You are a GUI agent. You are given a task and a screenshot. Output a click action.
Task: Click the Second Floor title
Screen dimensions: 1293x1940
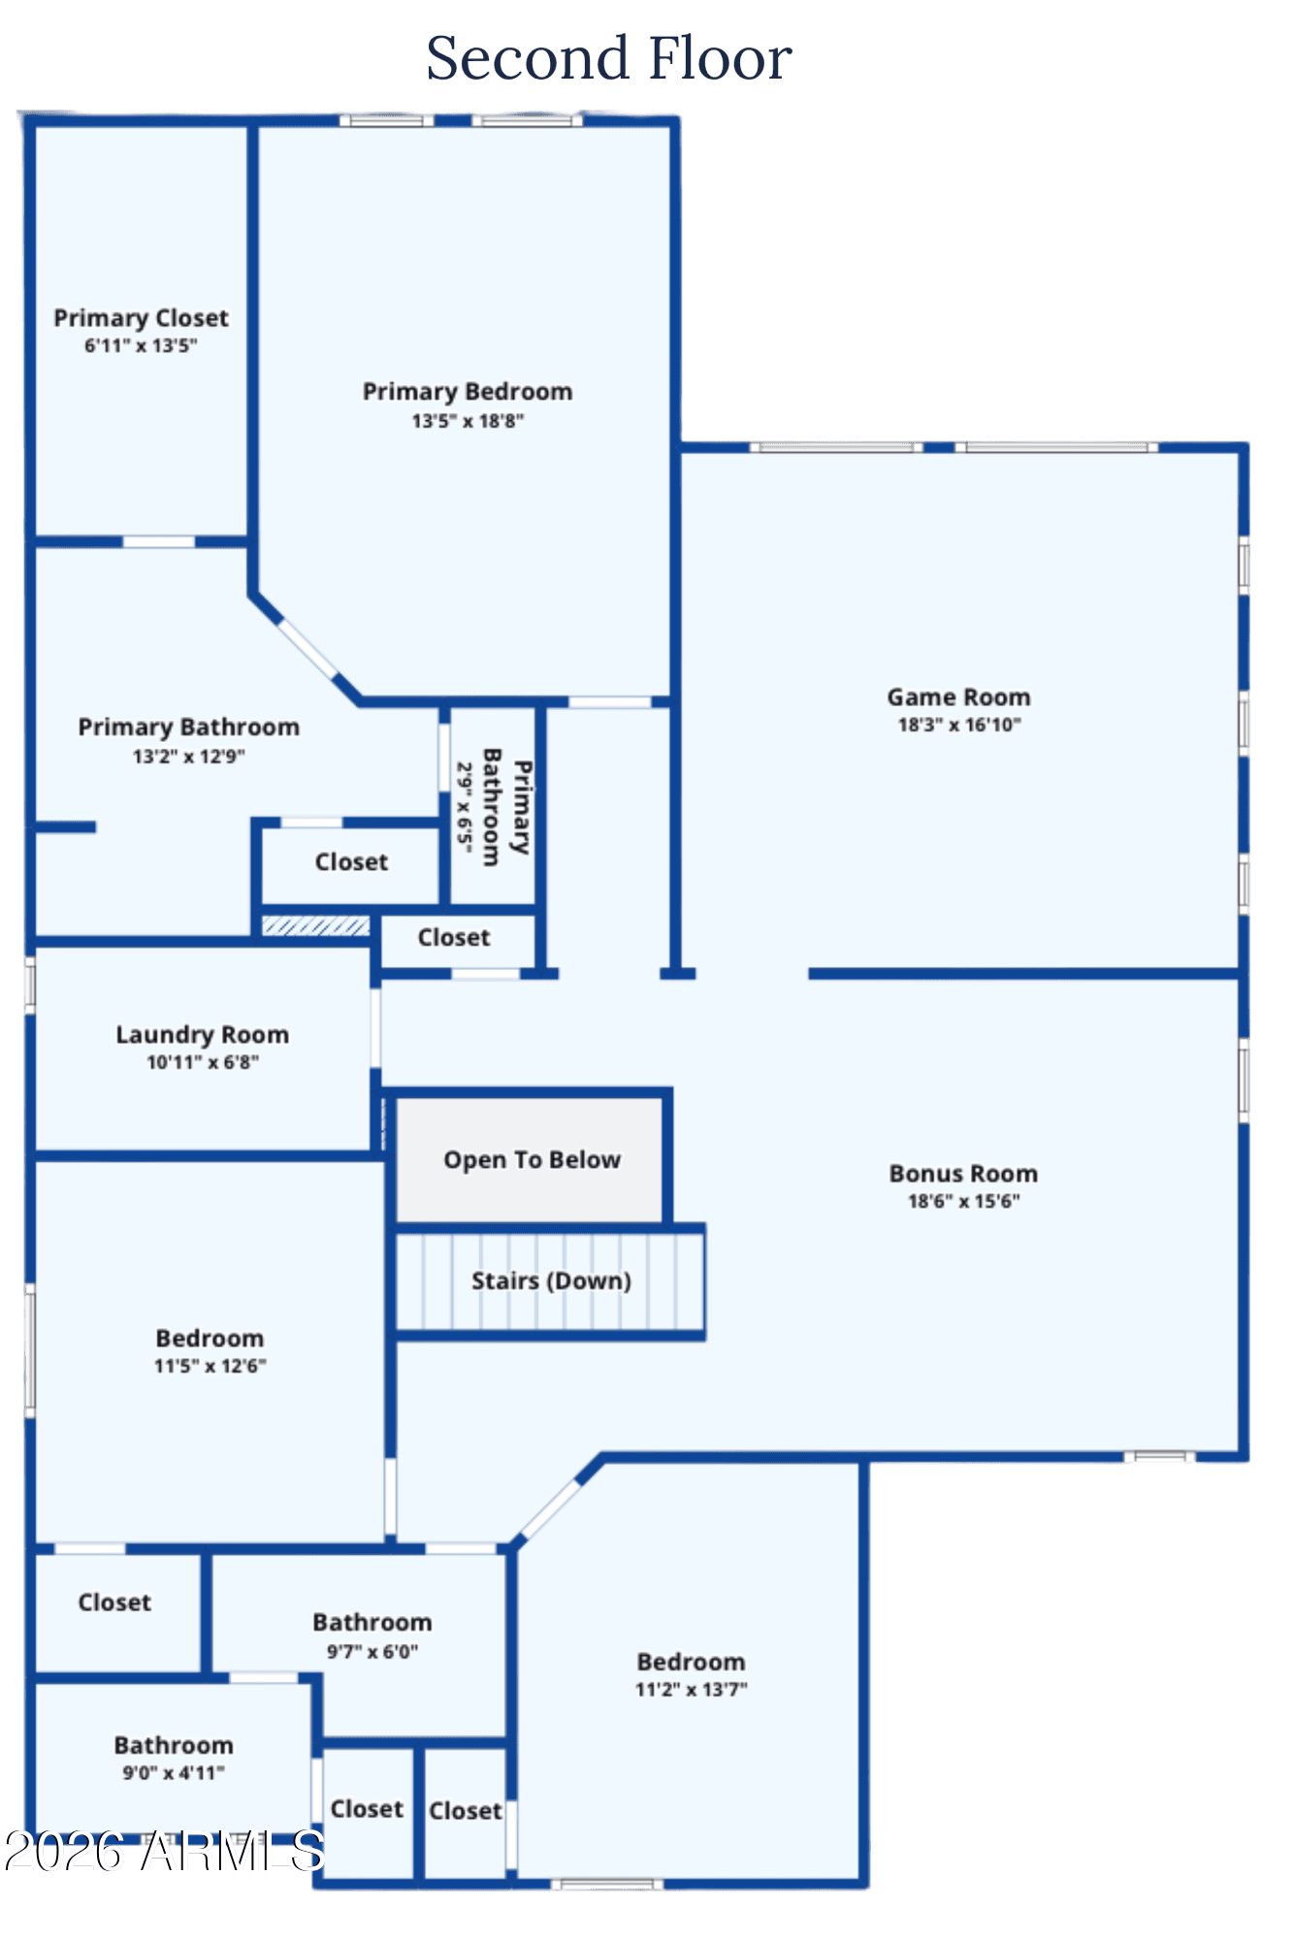tap(609, 58)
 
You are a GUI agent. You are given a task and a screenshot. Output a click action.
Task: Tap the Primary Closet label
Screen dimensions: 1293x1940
tap(142, 318)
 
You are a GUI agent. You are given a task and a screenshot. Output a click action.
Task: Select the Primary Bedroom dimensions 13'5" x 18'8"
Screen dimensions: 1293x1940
tap(468, 421)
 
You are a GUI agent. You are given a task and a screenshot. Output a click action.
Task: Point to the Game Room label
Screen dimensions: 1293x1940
tap(959, 696)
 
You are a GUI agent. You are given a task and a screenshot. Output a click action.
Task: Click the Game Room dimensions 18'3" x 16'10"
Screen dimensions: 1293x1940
tap(959, 725)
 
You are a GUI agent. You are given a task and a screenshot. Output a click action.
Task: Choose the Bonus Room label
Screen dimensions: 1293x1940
tap(963, 1174)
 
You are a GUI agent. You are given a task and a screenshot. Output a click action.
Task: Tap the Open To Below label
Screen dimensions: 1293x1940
tap(532, 1160)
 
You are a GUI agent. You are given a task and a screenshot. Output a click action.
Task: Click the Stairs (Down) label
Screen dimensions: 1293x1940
tap(551, 1280)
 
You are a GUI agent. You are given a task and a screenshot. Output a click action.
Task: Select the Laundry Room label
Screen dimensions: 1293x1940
tap(203, 1035)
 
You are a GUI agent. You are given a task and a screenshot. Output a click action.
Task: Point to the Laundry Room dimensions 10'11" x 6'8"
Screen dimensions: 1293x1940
tap(203, 1062)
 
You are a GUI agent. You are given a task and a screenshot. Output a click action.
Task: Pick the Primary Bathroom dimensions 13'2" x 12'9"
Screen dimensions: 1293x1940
tap(189, 757)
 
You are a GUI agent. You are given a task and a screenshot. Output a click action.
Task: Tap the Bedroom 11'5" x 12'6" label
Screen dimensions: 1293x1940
tap(210, 1351)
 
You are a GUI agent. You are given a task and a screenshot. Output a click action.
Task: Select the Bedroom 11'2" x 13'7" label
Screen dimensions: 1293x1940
tap(692, 1675)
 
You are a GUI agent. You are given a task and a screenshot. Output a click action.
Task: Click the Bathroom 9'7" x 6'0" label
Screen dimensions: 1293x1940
tap(372, 1636)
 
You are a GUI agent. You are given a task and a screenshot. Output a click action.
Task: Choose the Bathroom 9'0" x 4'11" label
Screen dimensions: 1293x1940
tap(174, 1759)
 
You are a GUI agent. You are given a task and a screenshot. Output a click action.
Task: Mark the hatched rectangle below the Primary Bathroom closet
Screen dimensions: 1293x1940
tap(316, 925)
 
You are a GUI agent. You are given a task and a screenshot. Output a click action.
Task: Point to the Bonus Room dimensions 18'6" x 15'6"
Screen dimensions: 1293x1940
tap(963, 1201)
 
